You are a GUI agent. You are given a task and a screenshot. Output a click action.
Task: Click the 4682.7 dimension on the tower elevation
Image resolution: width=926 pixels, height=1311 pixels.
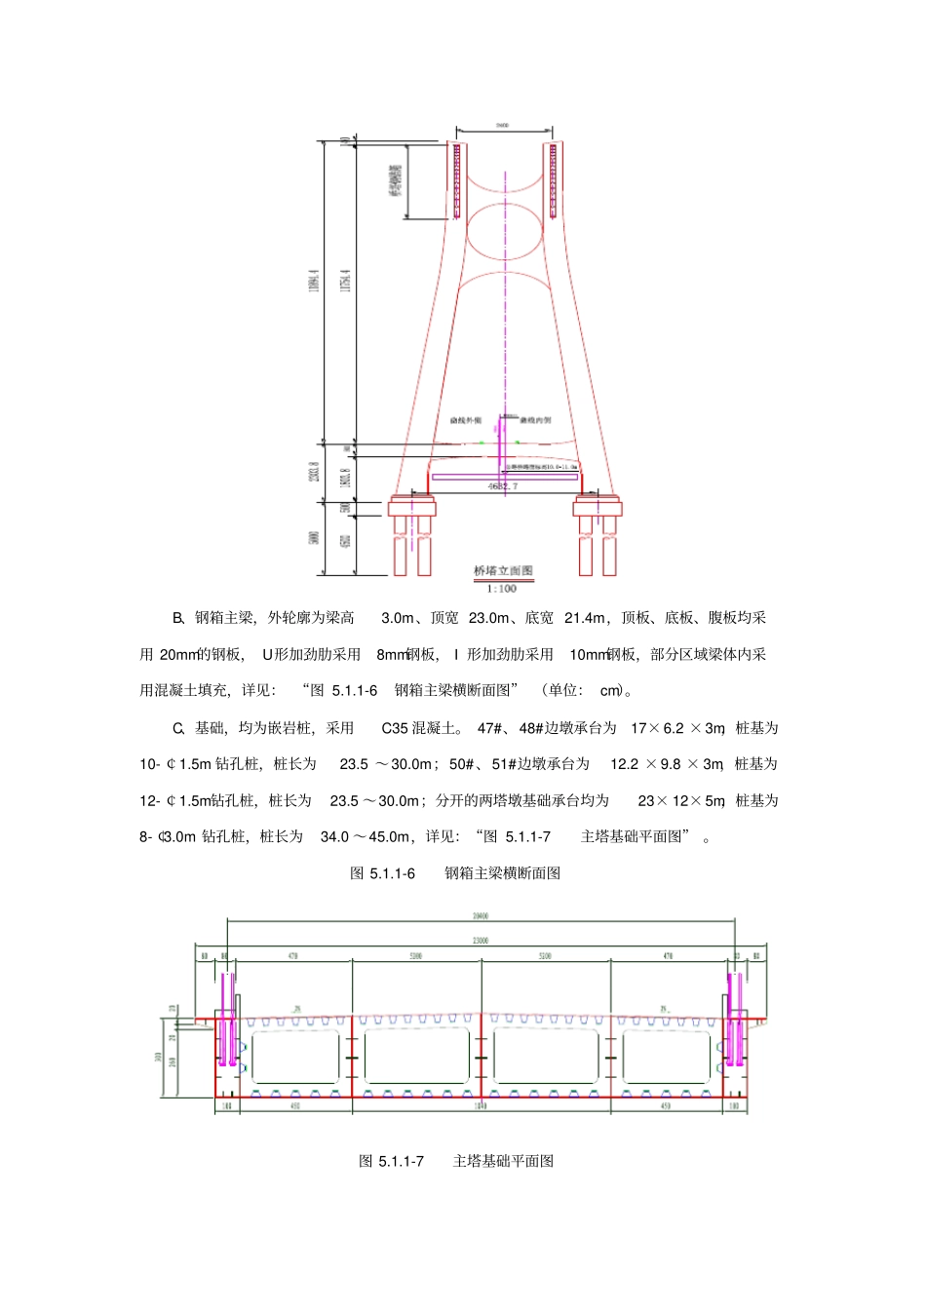tap(503, 485)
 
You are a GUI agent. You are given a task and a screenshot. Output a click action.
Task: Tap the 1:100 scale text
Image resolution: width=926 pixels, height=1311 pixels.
tap(502, 589)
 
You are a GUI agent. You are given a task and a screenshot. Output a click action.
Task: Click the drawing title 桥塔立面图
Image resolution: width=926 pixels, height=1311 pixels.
tap(503, 571)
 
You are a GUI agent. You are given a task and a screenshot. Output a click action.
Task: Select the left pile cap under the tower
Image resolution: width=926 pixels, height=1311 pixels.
tap(412, 507)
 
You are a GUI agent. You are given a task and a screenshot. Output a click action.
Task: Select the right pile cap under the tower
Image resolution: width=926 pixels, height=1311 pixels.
tap(598, 507)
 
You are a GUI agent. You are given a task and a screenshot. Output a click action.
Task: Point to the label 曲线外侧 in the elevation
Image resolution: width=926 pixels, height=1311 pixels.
tap(466, 420)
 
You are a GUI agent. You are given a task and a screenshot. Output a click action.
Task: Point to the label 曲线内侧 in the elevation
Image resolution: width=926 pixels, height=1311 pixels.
tap(535, 420)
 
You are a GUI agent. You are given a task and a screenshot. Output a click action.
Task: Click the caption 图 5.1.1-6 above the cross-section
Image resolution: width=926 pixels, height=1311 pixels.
tap(383, 873)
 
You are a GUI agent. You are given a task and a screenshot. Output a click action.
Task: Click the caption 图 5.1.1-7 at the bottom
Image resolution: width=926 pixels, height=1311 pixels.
tap(391, 1161)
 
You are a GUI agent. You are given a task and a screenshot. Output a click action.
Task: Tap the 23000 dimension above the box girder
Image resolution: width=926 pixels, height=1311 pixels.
tap(481, 941)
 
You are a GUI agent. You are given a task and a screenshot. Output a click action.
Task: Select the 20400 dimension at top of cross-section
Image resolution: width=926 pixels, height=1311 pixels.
tap(481, 916)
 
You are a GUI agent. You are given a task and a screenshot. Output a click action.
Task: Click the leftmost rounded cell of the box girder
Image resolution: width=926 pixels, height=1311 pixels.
tap(295, 1058)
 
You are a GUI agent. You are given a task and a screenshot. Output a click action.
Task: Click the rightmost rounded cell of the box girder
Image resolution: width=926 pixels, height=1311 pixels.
tap(667, 1058)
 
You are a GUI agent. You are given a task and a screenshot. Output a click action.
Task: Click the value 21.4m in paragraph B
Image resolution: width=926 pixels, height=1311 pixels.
tap(585, 618)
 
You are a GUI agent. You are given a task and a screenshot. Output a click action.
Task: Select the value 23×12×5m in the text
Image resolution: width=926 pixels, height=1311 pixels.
tap(681, 801)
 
